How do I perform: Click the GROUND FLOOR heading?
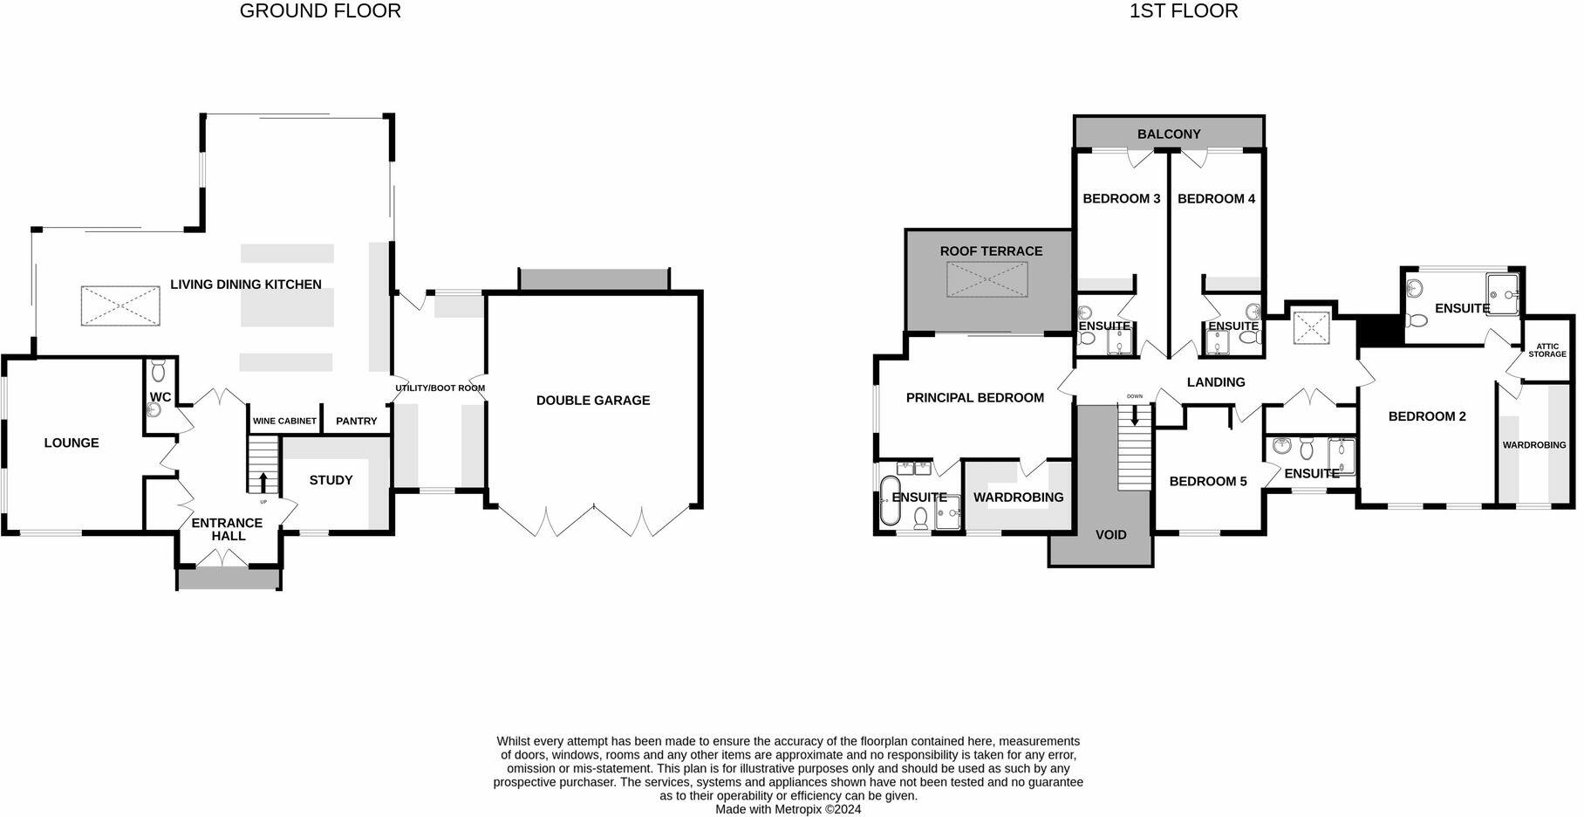pyautogui.click(x=320, y=11)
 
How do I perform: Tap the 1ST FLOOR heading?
pyautogui.click(x=1184, y=11)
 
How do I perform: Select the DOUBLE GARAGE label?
pyautogui.click(x=593, y=401)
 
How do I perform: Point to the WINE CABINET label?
pyautogui.click(x=284, y=421)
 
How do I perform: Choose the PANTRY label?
pyautogui.click(x=357, y=421)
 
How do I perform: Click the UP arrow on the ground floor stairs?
pyautogui.click(x=263, y=482)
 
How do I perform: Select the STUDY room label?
pyautogui.click(x=331, y=480)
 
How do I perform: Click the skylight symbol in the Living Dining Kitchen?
pyautogui.click(x=120, y=306)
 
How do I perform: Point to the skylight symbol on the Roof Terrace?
pyautogui.click(x=987, y=279)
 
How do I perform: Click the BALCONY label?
pyautogui.click(x=1169, y=134)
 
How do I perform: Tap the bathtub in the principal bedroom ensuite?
pyautogui.click(x=889, y=500)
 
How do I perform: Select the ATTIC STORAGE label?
pyautogui.click(x=1547, y=350)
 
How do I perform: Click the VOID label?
pyautogui.click(x=1111, y=534)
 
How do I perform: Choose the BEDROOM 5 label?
pyautogui.click(x=1208, y=481)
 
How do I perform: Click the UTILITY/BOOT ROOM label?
pyautogui.click(x=440, y=388)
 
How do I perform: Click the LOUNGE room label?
pyautogui.click(x=72, y=443)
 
